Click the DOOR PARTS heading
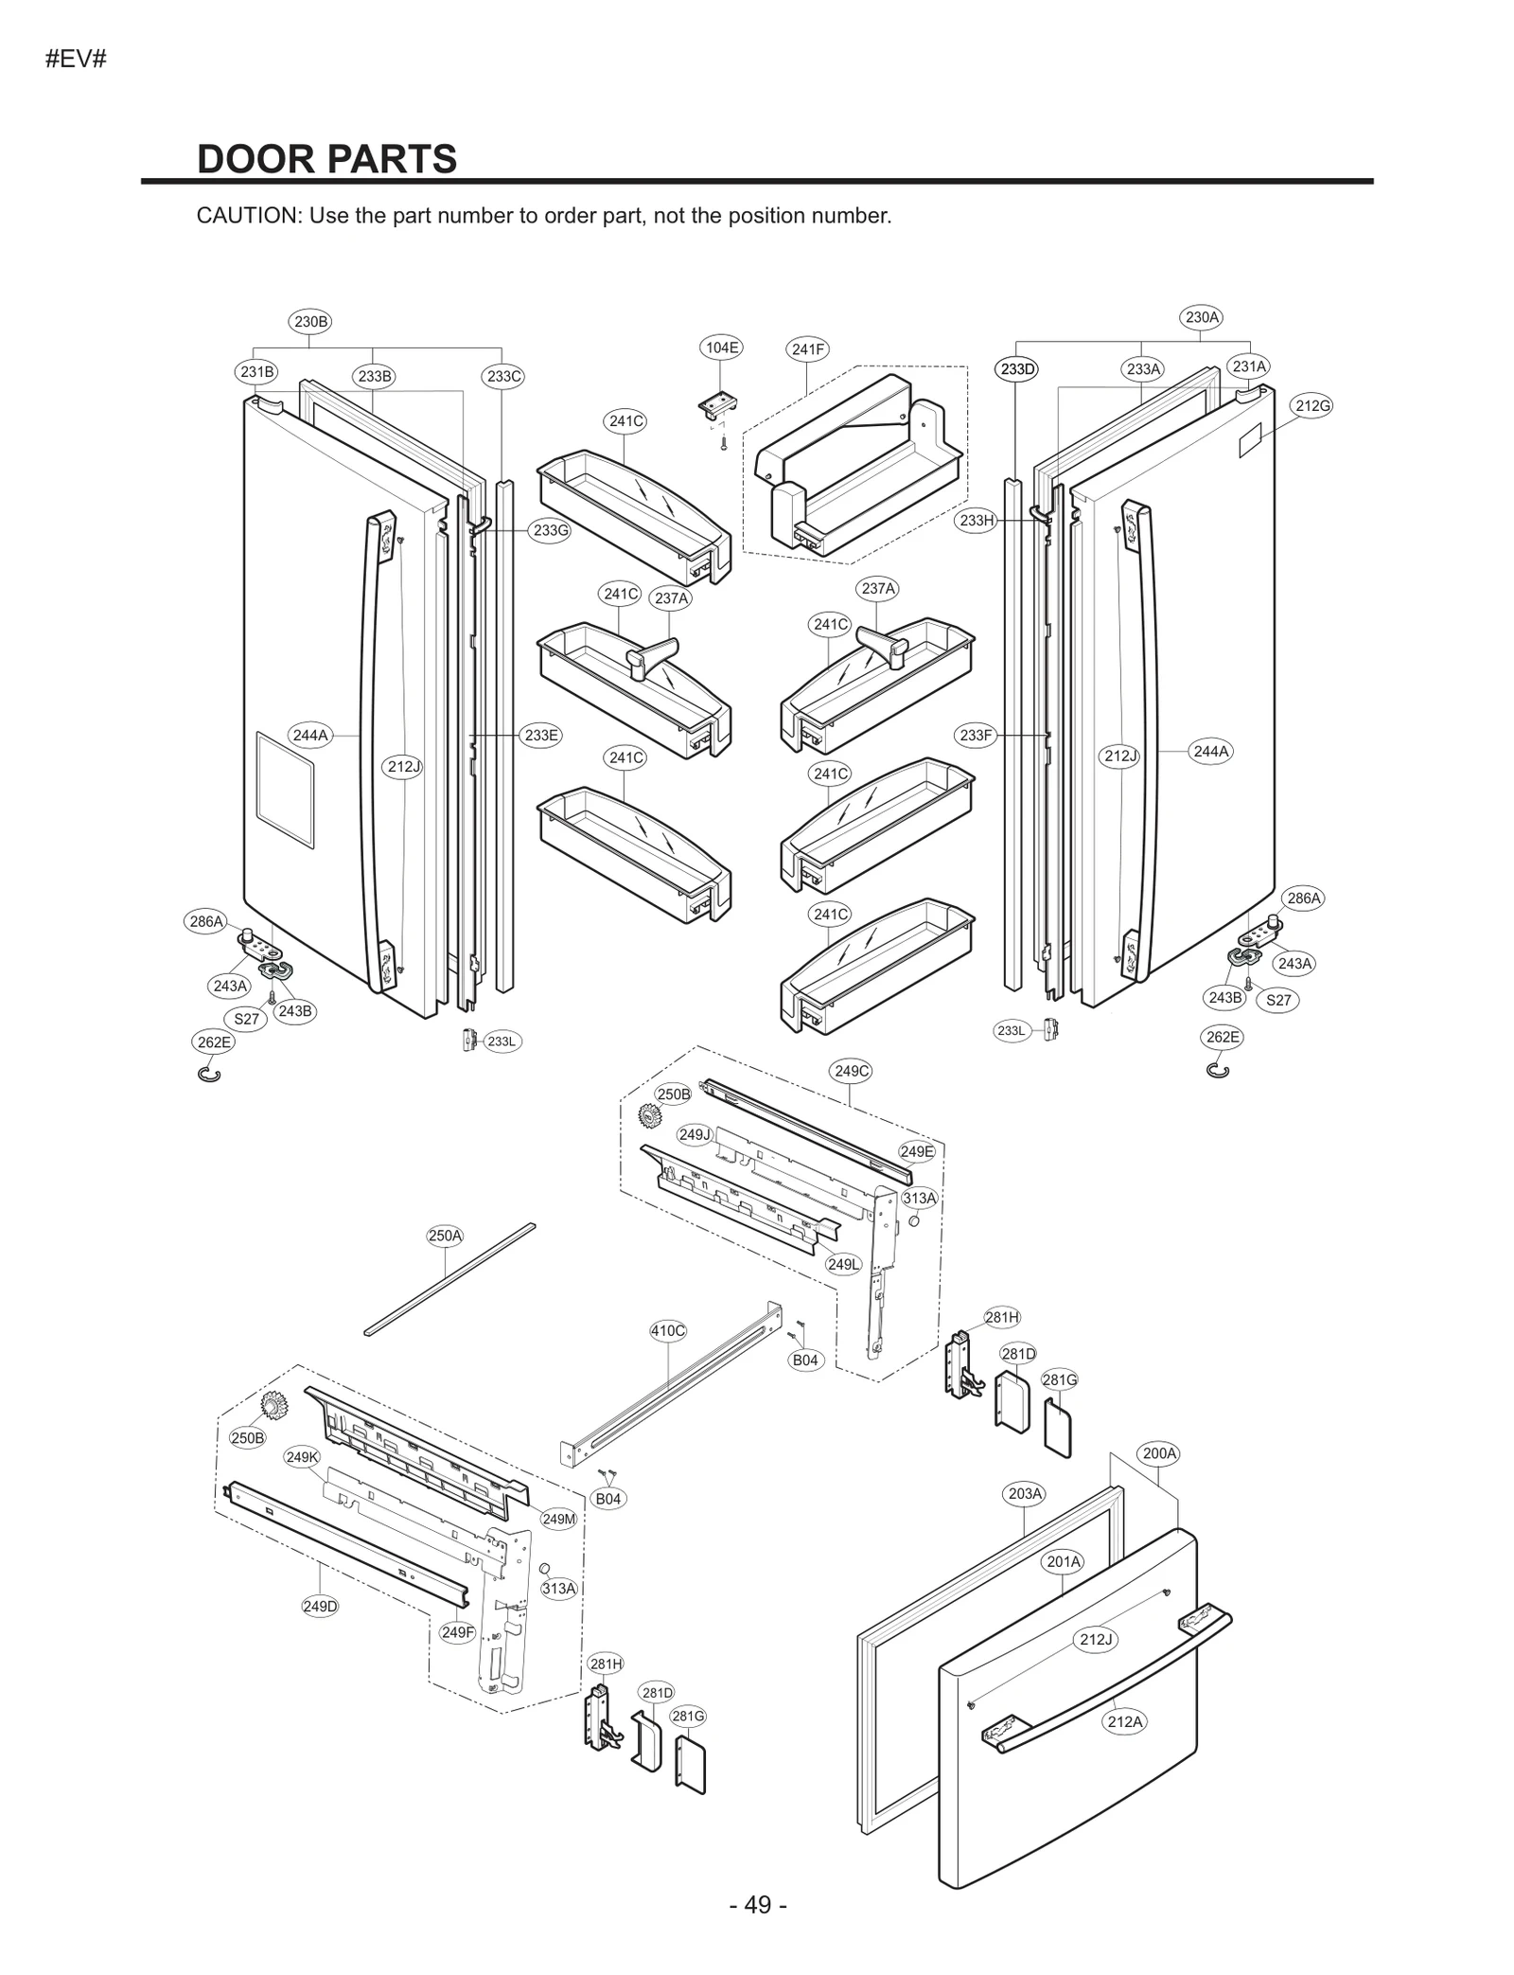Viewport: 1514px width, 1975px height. [326, 159]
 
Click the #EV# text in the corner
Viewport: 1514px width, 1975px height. [75, 59]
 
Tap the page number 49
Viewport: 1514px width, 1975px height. [758, 1905]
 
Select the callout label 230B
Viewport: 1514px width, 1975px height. [310, 321]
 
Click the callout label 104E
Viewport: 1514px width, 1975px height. [721, 347]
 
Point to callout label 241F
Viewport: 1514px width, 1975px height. [807, 349]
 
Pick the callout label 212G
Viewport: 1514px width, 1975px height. [1312, 405]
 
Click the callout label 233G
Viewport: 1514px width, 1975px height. [551, 530]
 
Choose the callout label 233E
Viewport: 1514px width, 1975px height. [541, 735]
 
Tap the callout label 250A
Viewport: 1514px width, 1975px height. [445, 1236]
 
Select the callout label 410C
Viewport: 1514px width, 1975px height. [668, 1330]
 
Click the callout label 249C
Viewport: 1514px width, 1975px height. [851, 1071]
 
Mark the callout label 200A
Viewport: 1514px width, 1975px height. [1159, 1453]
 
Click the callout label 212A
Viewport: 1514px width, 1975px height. [1125, 1721]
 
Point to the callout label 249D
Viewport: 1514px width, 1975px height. [320, 1607]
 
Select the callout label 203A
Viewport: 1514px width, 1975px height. [1025, 1494]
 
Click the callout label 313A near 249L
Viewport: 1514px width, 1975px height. [919, 1199]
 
